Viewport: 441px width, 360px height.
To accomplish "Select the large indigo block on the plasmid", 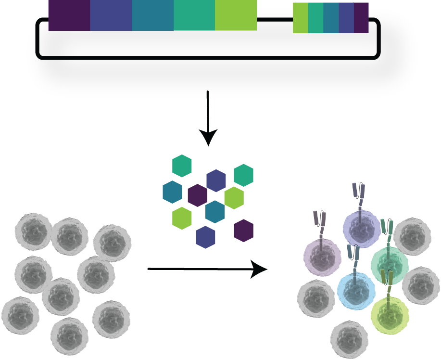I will (111, 15).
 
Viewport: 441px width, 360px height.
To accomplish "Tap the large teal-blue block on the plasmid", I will (152, 15).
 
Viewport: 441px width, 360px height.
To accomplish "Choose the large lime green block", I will (236, 15).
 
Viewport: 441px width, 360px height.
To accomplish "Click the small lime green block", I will (300, 18).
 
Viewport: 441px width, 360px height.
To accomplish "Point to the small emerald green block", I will (315, 18).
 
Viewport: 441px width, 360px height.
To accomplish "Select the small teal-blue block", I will (331, 18).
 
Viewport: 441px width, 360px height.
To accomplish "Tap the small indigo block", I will (346, 18).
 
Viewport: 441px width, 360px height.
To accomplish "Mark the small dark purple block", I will (361, 18).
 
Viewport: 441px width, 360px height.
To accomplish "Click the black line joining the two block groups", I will (275, 20).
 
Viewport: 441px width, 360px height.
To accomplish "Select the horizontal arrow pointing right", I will (207, 270).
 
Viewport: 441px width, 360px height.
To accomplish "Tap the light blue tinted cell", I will (356, 291).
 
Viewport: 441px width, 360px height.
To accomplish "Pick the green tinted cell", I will (389, 263).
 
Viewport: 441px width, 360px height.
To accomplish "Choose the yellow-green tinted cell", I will (390, 316).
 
